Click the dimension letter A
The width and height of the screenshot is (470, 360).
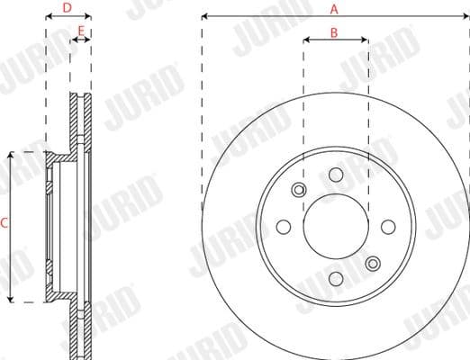click(334, 9)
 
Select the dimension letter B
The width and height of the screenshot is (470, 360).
click(334, 32)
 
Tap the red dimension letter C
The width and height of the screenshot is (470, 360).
click(5, 225)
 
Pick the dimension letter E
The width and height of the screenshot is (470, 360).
click(81, 32)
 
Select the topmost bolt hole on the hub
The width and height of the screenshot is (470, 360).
click(335, 175)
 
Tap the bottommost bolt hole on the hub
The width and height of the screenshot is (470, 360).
click(335, 278)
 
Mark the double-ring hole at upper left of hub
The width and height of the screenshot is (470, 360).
click(299, 190)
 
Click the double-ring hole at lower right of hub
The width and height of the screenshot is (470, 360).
click(372, 263)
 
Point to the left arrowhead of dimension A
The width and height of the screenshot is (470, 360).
click(204, 16)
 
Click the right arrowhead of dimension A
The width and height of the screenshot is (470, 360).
click(464, 16)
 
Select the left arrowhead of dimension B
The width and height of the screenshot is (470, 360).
click(306, 40)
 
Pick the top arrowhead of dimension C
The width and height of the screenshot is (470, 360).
click(11, 155)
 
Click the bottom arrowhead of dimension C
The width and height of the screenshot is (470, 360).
click(11, 299)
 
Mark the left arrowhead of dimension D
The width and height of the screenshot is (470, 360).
click(49, 16)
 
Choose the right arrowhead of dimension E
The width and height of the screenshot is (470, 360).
click(89, 40)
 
